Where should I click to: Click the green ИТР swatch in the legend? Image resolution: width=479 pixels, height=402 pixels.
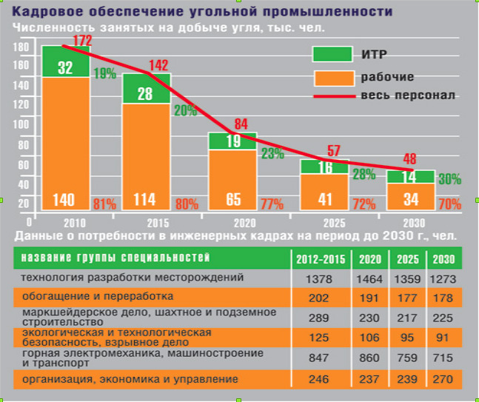[x=333, y=53]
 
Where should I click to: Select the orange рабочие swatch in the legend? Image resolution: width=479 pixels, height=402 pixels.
[x=333, y=77]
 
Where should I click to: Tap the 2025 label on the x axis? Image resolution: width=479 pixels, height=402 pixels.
[x=324, y=221]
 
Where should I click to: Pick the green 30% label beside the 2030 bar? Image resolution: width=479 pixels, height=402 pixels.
[x=449, y=179]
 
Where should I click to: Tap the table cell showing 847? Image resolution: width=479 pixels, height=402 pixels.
[x=320, y=360]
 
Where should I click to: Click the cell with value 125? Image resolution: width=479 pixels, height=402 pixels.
[x=320, y=338]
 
